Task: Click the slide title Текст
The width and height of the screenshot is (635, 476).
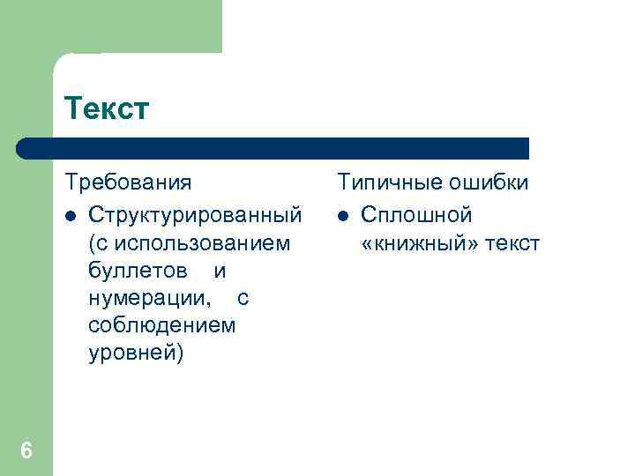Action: coord(107,109)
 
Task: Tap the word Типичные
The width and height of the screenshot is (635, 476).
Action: coord(389,182)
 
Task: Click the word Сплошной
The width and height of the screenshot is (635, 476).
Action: coord(416,215)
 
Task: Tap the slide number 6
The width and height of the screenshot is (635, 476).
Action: coord(26,450)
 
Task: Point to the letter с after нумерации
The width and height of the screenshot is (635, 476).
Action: coord(243,298)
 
